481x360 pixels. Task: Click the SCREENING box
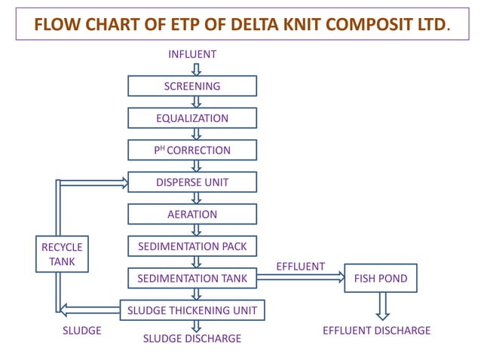pos(192,86)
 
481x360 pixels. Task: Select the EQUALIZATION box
pos(192,118)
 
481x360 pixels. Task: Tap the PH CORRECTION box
pos(192,150)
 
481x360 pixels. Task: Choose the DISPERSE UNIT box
pos(192,182)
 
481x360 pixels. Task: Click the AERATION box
pos(192,214)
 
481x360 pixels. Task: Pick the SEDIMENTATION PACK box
pos(192,246)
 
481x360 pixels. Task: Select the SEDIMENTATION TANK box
pos(192,279)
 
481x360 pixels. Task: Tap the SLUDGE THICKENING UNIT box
pos(192,310)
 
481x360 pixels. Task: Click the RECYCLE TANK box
pos(62,255)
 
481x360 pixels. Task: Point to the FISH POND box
pos(381,279)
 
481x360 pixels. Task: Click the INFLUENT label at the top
pos(192,54)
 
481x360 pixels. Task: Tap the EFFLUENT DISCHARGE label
pos(376,331)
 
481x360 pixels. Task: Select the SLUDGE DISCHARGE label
pos(192,339)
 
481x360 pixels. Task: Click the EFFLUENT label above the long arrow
pos(300,267)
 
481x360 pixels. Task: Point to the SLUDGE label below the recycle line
pos(81,331)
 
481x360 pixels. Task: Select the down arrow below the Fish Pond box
pos(382,306)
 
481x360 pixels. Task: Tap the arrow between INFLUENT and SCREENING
pos(196,69)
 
